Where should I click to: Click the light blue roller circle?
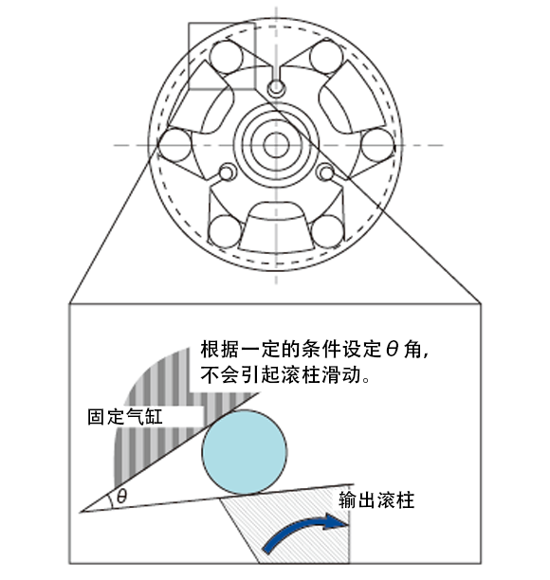[245, 452]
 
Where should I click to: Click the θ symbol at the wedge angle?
[121, 496]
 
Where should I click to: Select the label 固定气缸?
[125, 416]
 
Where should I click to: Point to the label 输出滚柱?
[376, 500]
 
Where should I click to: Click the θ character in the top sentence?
[392, 349]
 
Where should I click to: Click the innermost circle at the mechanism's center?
[276, 145]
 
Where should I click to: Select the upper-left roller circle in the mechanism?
[226, 57]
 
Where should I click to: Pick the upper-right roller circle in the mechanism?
[326, 57]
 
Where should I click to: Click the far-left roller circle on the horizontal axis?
[174, 145]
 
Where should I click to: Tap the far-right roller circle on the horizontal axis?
[378, 145]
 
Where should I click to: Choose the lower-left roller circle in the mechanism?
[225, 231]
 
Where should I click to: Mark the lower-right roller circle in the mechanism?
[328, 231]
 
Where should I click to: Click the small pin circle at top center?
[276, 88]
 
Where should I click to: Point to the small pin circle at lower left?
[228, 172]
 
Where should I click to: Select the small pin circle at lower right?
[326, 172]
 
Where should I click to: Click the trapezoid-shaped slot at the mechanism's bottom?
[276, 227]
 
